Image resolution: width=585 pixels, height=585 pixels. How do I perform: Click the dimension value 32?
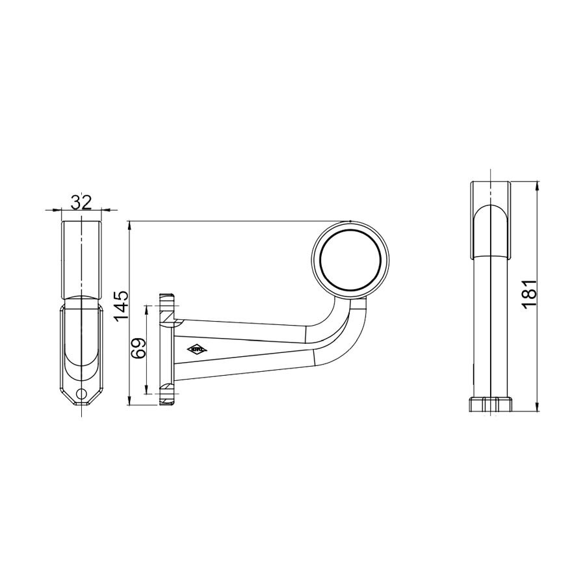81,202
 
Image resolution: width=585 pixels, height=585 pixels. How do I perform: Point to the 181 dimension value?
529,292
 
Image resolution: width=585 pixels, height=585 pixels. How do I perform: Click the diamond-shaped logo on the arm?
198,350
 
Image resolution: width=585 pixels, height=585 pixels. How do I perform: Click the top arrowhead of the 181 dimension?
538,185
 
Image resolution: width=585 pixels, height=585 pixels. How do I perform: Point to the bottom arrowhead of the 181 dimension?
538,408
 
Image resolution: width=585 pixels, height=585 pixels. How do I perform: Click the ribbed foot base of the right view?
491,404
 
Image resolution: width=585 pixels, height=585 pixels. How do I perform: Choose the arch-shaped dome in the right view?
491,231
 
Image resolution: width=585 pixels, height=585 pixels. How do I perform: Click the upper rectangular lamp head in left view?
81,259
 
